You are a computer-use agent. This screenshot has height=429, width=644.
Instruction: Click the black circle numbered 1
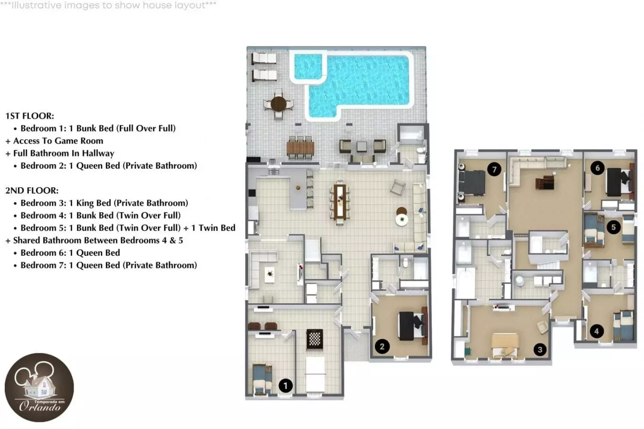click(286, 386)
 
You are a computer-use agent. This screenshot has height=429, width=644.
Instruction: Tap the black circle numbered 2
click(382, 346)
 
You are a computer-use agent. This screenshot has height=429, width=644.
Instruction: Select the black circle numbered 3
click(540, 349)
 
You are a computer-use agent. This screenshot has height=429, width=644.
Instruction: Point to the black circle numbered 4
click(596, 332)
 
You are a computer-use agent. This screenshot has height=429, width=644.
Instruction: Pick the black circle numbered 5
click(613, 227)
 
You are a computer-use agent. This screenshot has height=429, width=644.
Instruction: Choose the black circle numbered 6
click(597, 168)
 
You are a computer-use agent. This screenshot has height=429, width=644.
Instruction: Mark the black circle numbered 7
click(494, 170)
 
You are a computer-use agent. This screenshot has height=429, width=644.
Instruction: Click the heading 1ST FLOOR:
click(30, 116)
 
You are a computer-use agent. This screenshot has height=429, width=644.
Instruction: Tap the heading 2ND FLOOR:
click(32, 191)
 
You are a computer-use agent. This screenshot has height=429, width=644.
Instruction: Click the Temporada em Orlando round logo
click(39, 388)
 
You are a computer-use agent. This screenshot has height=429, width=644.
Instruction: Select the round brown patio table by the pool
click(278, 104)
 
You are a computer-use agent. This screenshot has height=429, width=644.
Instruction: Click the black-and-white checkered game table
click(314, 339)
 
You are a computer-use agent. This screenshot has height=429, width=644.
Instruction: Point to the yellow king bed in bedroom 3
click(504, 346)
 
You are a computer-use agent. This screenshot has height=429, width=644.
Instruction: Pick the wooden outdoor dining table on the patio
click(300, 147)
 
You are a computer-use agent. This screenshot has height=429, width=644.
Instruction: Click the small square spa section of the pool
click(308, 66)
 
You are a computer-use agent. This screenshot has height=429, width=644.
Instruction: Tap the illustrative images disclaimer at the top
click(108, 5)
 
